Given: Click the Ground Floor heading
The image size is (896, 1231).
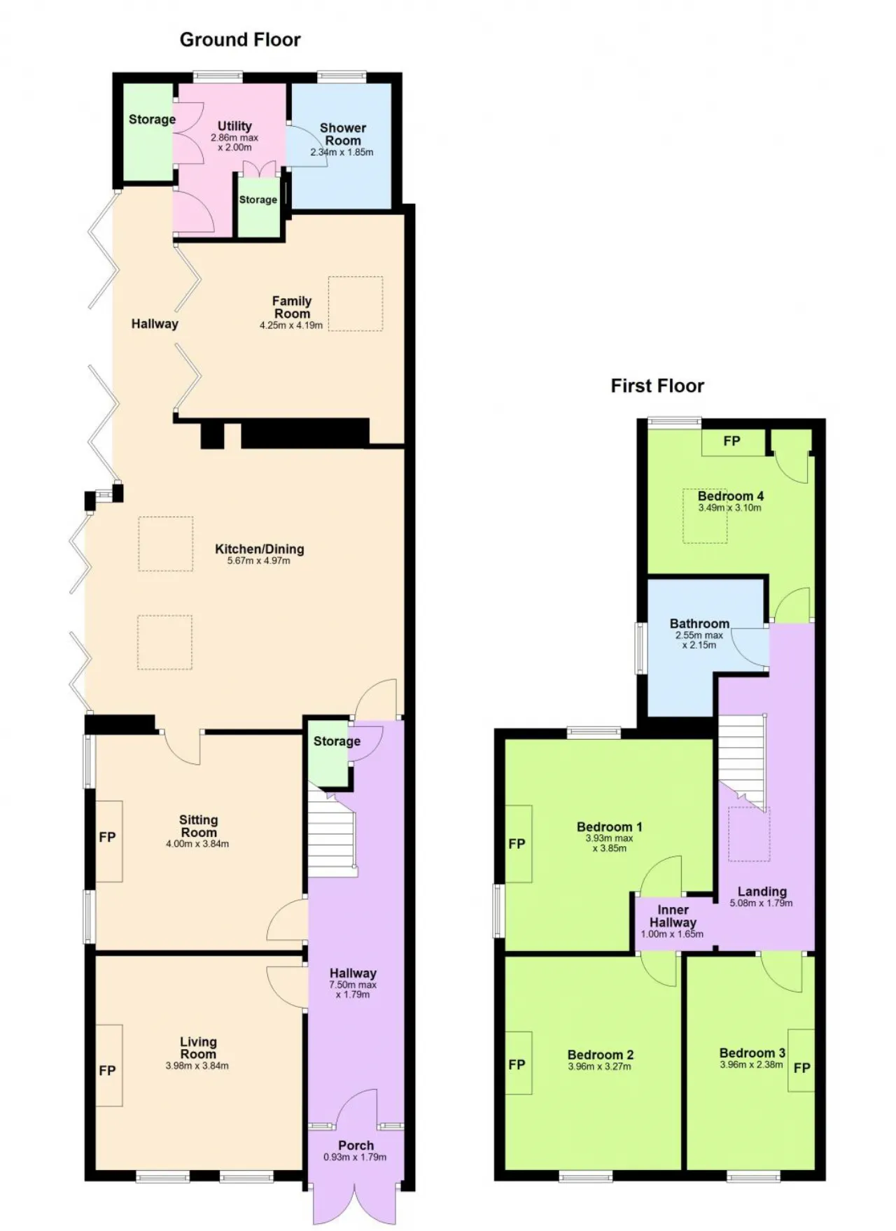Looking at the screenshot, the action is [240, 40].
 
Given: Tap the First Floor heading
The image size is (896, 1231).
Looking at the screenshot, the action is [657, 386].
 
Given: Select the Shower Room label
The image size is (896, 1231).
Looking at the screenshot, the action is [343, 134].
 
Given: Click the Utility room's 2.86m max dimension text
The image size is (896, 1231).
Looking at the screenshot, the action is [234, 138].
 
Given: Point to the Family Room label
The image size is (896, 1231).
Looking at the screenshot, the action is [292, 307].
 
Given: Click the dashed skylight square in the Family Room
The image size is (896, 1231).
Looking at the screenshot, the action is [356, 303].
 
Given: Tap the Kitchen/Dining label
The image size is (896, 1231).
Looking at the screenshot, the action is [259, 549].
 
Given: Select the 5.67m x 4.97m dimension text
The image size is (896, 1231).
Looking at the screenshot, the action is [259, 561].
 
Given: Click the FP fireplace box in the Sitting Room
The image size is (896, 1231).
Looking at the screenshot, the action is [109, 840].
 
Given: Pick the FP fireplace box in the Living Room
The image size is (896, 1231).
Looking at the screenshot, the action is [109, 1065].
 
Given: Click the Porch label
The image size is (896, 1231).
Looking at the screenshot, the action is [356, 1146].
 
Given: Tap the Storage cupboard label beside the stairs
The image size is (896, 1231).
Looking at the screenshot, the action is [337, 741].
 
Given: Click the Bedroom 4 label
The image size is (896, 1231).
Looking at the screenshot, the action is [730, 496].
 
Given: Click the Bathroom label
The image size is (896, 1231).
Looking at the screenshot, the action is [699, 624].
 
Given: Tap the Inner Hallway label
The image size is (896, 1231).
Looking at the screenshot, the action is [673, 916].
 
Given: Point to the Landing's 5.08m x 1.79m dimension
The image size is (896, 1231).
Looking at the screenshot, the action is [762, 903].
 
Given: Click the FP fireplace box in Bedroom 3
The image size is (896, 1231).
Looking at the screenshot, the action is [801, 1060].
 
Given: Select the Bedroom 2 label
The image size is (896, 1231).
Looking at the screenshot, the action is [601, 1055].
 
